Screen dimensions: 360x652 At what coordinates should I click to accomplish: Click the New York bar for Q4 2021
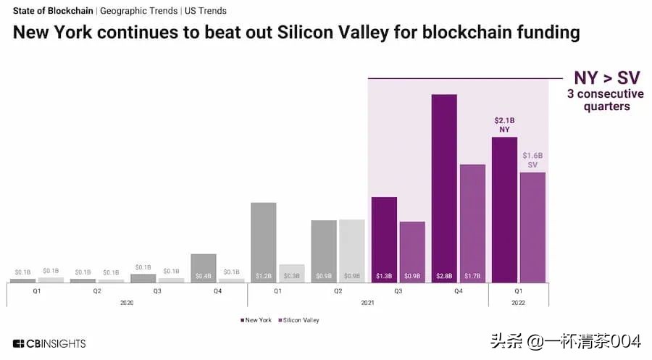[444, 188]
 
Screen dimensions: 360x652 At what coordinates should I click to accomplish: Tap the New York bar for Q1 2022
[504, 209]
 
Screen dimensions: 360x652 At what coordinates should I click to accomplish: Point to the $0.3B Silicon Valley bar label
[292, 276]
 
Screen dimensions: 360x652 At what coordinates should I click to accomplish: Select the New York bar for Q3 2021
[384, 239]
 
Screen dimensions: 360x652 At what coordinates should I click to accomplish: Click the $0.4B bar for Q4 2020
[204, 267]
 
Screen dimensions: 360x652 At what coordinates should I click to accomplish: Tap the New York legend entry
[256, 319]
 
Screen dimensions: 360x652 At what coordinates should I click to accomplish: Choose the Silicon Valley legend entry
[298, 319]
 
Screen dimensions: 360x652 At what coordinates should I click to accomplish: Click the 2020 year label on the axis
[127, 301]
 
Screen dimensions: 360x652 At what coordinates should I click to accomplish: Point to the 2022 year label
[519, 301]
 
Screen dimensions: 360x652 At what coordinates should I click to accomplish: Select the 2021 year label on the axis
[368, 301]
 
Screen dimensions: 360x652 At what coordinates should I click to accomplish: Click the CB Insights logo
[49, 343]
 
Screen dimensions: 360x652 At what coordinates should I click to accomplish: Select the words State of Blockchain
[53, 11]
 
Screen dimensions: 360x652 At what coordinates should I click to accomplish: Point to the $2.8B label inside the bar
[444, 276]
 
